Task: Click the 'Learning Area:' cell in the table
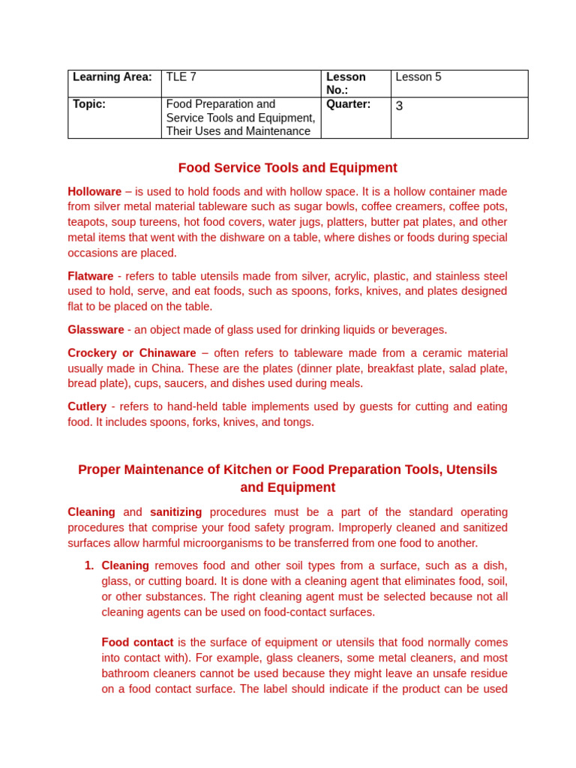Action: [112, 77]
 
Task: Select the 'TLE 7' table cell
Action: [181, 77]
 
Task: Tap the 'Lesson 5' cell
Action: [418, 77]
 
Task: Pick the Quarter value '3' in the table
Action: [399, 106]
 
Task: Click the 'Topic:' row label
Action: [89, 104]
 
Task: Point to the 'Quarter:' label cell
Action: [348, 104]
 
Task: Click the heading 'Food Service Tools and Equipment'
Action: [287, 168]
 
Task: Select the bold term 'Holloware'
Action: [94, 191]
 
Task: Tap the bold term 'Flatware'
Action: [90, 276]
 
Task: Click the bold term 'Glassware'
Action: [95, 330]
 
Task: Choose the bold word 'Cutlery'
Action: [87, 406]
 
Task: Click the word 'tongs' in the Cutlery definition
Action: [298, 422]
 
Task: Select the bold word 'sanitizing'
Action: [175, 512]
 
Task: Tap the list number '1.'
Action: [89, 565]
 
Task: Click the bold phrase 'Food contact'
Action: [137, 643]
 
